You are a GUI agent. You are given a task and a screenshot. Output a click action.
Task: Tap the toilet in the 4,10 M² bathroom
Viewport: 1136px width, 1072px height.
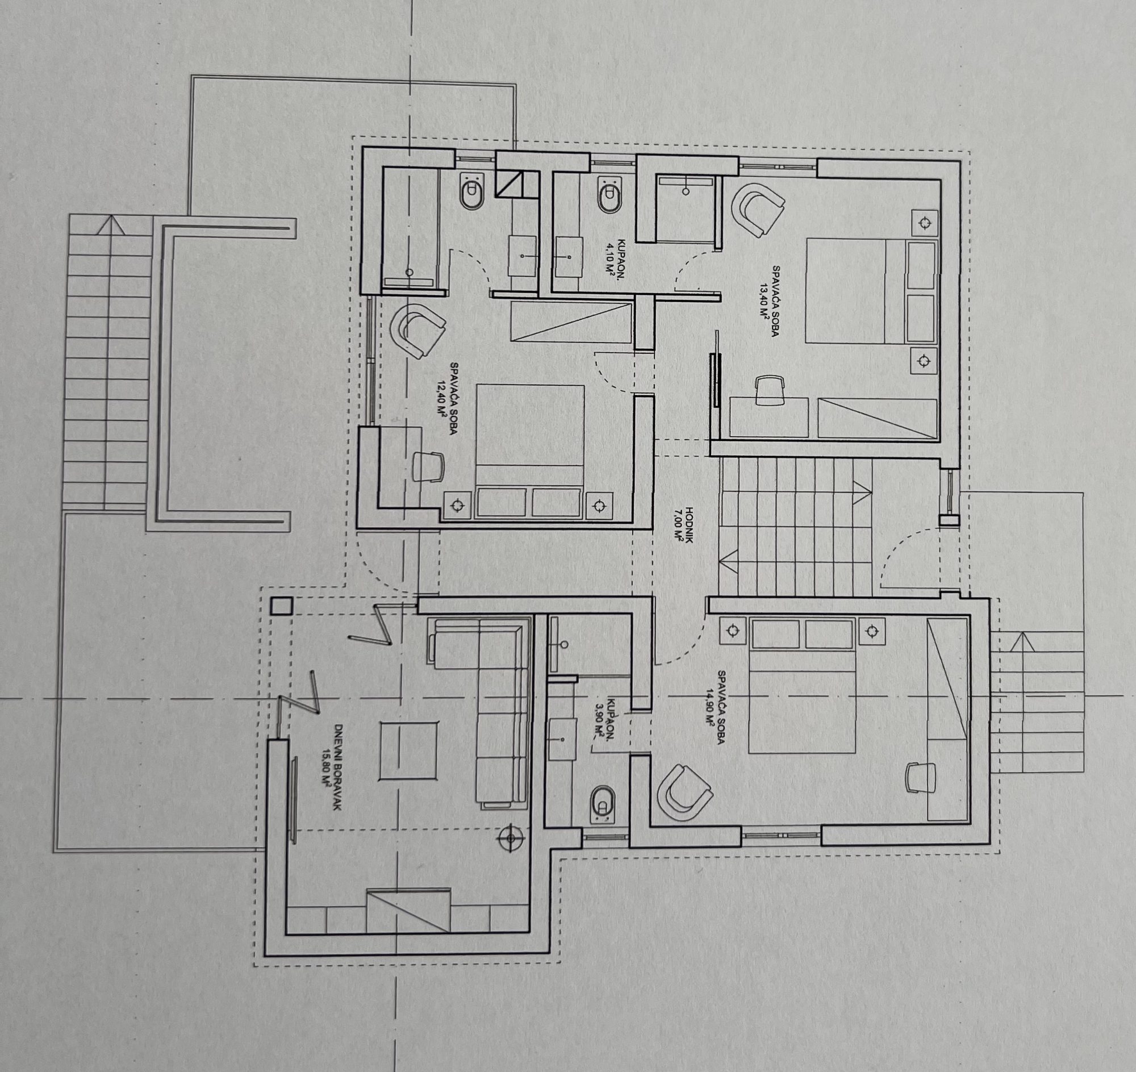click(x=608, y=195)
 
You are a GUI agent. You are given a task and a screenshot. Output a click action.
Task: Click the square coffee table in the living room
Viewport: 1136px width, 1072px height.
click(x=409, y=750)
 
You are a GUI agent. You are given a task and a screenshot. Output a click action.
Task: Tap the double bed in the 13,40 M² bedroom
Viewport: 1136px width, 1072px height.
click(x=871, y=291)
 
